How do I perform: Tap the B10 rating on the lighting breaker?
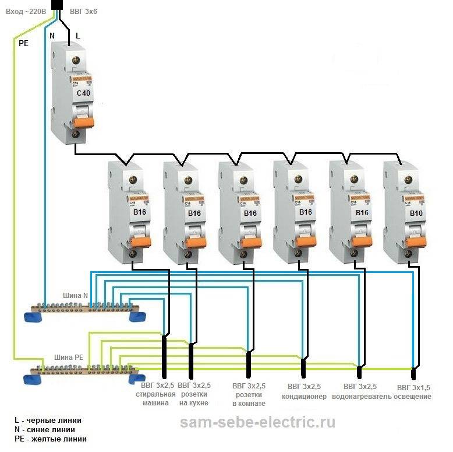[x=416, y=213]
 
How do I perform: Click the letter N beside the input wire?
[x=52, y=36]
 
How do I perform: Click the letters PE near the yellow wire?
[x=24, y=43]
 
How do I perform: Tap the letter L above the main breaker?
[x=77, y=36]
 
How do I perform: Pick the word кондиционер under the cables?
[x=303, y=397]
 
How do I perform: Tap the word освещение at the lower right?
[x=413, y=397]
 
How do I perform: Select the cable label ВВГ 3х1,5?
[x=414, y=387]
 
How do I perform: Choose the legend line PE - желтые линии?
[x=51, y=439]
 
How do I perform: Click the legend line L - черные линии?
[x=48, y=420]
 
